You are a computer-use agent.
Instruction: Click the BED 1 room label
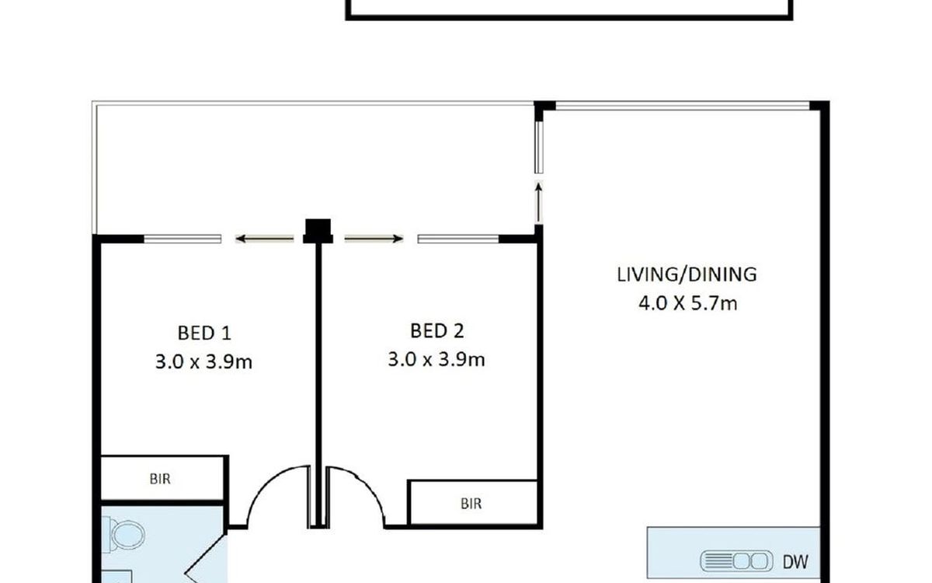tap(203, 333)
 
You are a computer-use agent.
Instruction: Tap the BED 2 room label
tap(436, 331)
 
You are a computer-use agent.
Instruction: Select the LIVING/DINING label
tap(687, 275)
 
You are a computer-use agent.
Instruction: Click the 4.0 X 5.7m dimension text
tap(688, 303)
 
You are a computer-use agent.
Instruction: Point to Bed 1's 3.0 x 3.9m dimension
tap(203, 361)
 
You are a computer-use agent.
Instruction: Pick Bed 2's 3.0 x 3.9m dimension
tap(436, 359)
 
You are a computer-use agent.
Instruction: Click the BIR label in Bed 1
tap(160, 479)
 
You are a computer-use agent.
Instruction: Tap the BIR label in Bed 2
tap(471, 504)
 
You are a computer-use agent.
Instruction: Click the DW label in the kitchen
tap(795, 562)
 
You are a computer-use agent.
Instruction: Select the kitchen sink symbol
tap(736, 561)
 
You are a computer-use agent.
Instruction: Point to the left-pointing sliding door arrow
tap(265, 239)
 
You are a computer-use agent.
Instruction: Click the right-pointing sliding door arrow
tap(374, 239)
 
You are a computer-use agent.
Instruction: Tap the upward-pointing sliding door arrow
tap(539, 203)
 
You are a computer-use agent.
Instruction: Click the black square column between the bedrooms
tap(318, 231)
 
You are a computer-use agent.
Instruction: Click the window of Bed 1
tap(183, 239)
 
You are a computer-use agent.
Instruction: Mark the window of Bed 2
tap(458, 239)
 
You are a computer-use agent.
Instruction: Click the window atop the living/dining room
tap(683, 106)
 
